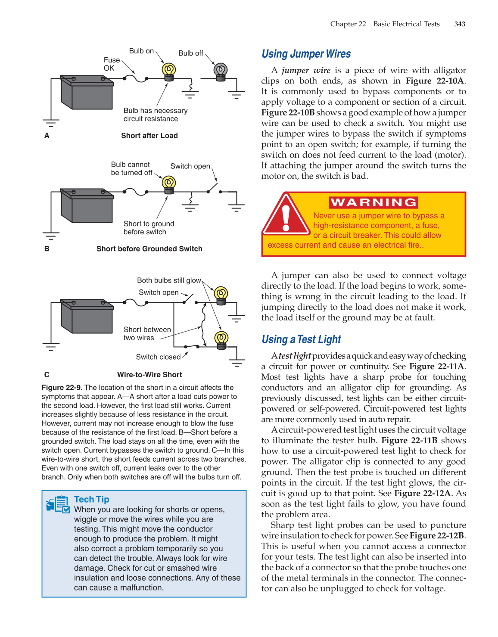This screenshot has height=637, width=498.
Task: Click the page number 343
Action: tap(460, 24)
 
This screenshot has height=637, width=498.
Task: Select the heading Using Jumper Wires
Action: tap(306, 54)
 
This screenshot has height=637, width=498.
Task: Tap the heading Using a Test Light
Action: tap(301, 339)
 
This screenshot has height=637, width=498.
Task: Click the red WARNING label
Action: tap(373, 202)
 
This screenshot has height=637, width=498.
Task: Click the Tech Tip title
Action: tap(91, 499)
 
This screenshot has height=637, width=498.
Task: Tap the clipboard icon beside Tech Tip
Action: tap(58, 504)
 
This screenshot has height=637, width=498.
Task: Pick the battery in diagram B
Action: tap(87, 205)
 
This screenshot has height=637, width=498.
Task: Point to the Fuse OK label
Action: tap(112, 64)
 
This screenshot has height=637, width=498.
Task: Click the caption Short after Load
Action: tap(149, 136)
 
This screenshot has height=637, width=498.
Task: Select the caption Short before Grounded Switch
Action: tap(149, 249)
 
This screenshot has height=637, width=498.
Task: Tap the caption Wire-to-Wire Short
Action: tap(149, 375)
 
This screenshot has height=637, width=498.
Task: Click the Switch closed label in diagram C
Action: tap(158, 357)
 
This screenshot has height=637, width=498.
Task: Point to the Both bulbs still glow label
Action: tap(169, 280)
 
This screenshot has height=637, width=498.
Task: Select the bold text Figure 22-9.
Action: tap(62, 388)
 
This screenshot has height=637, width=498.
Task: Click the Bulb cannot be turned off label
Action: tap(131, 168)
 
